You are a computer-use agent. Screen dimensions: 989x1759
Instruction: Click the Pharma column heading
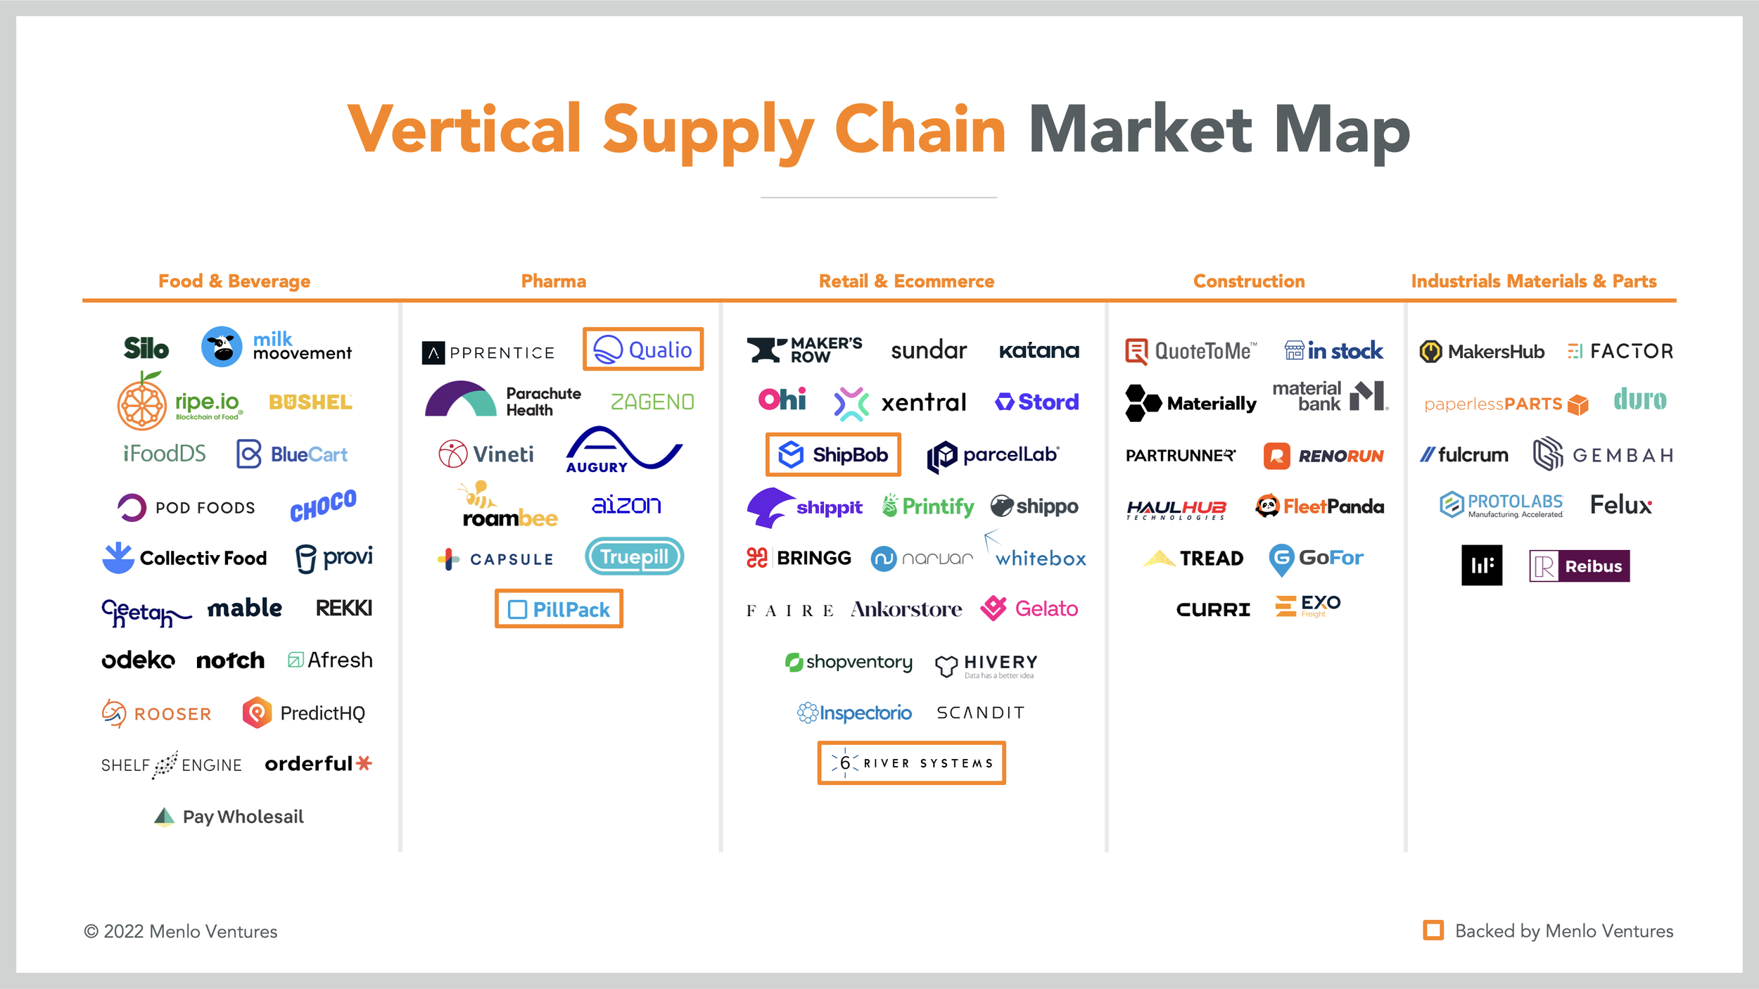pos(553,281)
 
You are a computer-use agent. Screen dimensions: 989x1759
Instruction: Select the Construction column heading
pos(1248,281)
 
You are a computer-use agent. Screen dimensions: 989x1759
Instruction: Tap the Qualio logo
pos(643,350)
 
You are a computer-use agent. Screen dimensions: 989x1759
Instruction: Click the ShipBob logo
pos(833,455)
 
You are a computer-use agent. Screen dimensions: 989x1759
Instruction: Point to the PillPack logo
pos(559,609)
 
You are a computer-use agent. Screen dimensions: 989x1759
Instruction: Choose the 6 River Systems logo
pos(911,763)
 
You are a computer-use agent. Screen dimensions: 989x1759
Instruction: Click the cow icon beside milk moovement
pos(222,347)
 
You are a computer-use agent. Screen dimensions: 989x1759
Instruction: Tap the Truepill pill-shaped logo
pos(634,556)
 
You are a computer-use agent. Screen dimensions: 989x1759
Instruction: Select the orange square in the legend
pos(1433,930)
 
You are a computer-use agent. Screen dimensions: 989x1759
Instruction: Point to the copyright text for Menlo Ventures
pos(181,931)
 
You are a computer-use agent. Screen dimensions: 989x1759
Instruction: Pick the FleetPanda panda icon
pos(1267,506)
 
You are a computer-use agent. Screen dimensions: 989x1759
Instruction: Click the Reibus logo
pos(1579,566)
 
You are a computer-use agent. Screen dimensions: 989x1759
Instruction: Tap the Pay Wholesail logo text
pos(243,817)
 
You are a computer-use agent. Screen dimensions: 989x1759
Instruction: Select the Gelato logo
pos(1029,608)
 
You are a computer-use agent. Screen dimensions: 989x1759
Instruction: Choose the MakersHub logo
pos(1482,351)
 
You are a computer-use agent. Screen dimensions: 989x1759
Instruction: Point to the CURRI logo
pos(1213,610)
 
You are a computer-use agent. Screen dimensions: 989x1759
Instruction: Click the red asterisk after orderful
pos(364,763)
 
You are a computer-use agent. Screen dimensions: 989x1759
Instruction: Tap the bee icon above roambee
pos(478,494)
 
